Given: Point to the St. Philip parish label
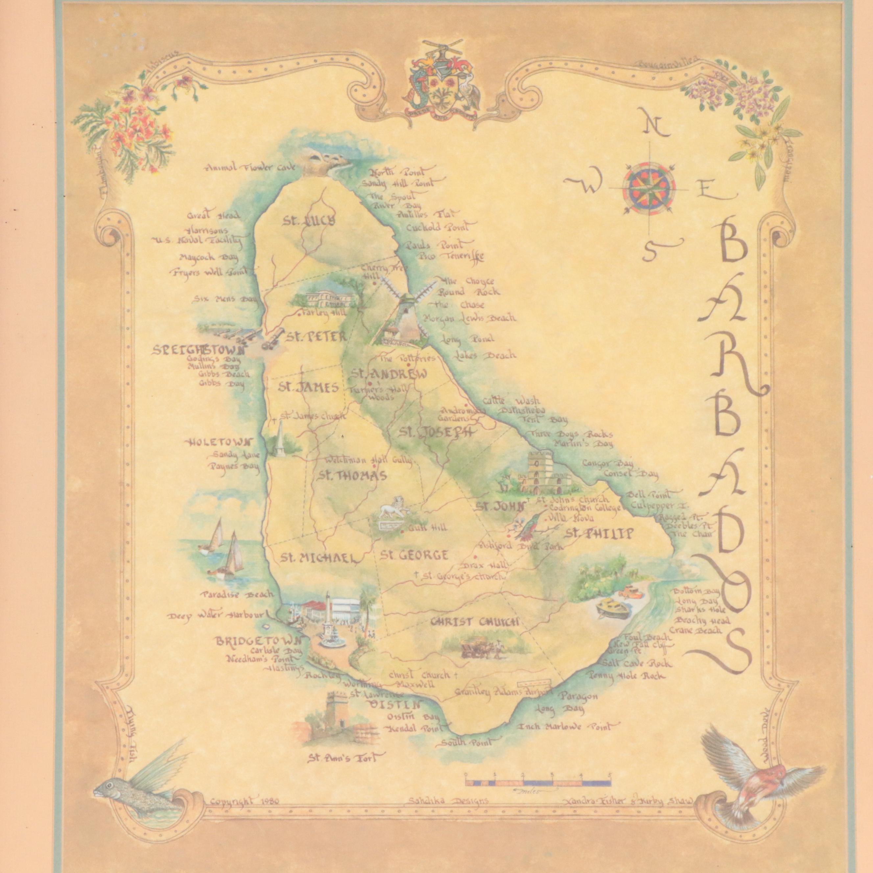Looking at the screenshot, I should (597, 534).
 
